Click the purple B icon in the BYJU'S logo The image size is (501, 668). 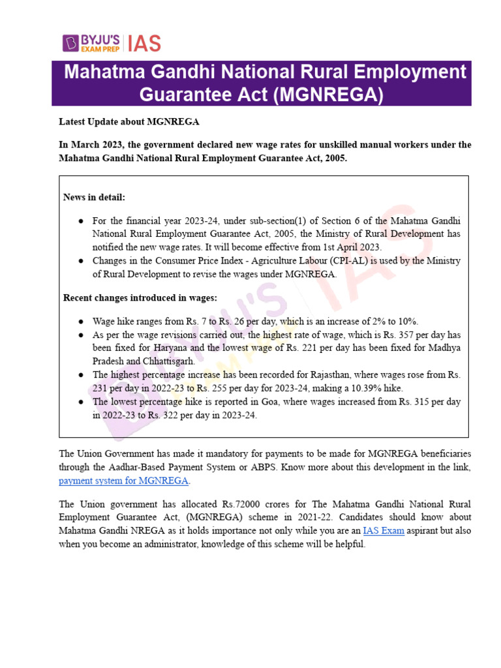point(71,43)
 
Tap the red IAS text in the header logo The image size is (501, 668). point(144,43)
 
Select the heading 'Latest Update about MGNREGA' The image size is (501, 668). point(129,122)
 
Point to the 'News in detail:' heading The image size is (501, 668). point(94,197)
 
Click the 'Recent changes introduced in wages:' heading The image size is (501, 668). point(140,297)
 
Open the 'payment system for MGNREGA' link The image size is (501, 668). point(124,481)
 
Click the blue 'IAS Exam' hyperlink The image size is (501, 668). point(384,531)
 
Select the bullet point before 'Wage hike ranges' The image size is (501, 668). point(80,322)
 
